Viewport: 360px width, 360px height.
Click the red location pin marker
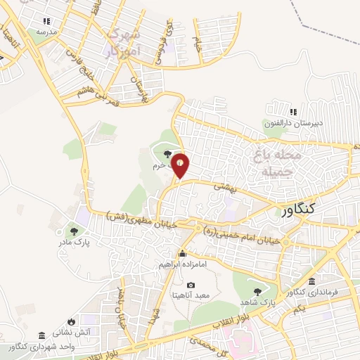pyautogui.click(x=181, y=165)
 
